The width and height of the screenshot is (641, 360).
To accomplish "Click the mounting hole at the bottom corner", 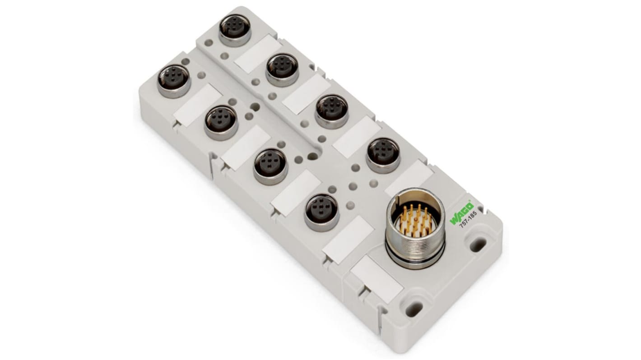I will pos(413,309).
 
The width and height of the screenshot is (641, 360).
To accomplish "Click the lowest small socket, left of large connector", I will pos(321,211).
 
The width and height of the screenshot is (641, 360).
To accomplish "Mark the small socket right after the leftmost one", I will pos(221,121).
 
